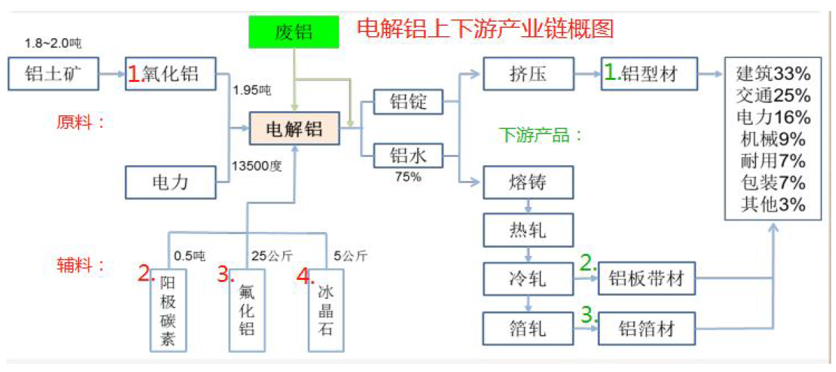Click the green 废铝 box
294,31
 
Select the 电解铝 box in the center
294,128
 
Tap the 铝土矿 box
53,73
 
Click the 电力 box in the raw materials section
170,182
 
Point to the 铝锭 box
407,102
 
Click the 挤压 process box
528,73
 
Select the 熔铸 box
528,182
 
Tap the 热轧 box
528,230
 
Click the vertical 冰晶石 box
326,311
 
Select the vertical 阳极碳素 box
168,311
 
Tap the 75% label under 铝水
409,177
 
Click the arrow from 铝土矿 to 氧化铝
111,73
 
